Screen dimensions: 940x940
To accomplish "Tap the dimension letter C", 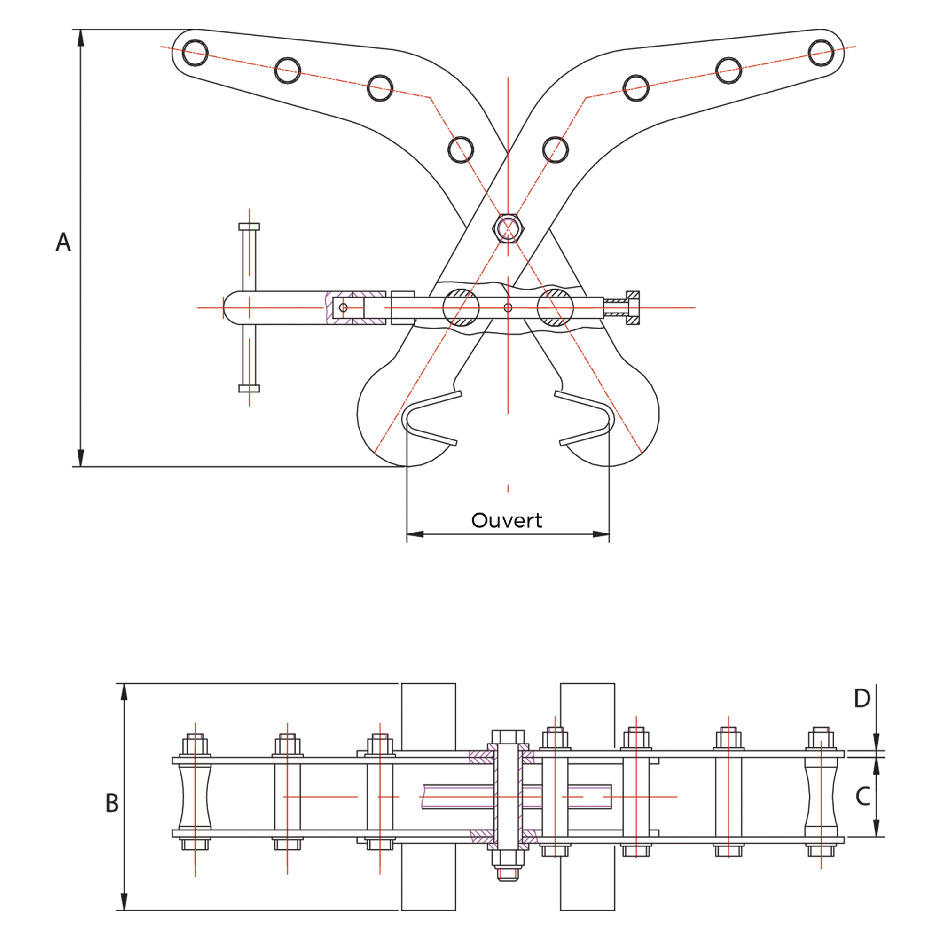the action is pyautogui.click(x=862, y=797).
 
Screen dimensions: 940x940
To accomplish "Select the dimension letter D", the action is pyautogui.click(x=862, y=699).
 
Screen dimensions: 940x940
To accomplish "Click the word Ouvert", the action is pyautogui.click(x=507, y=520).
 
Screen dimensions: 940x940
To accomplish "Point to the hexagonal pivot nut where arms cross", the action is pyautogui.click(x=508, y=227).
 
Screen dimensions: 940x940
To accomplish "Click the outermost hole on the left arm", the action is pyautogui.click(x=195, y=53).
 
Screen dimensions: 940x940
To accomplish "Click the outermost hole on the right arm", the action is pyautogui.click(x=821, y=53).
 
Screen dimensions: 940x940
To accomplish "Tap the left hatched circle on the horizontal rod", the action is pyautogui.click(x=461, y=307).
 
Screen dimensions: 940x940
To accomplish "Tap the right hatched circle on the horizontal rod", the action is pyautogui.click(x=556, y=307).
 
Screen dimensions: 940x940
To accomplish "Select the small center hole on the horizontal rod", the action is pyautogui.click(x=508, y=307).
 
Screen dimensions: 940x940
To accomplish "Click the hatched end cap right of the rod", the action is pyautogui.click(x=633, y=307).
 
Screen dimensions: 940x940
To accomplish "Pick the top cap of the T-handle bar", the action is pyautogui.click(x=249, y=227).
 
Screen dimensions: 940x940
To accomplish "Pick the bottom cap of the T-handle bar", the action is pyautogui.click(x=249, y=388).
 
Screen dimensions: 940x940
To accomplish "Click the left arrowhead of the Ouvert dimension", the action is pyautogui.click(x=415, y=534).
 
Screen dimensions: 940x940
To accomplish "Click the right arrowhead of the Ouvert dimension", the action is pyautogui.click(x=601, y=534).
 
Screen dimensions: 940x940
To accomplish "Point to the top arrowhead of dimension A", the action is pyautogui.click(x=81, y=38).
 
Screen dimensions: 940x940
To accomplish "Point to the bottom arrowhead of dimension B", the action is pyautogui.click(x=125, y=901).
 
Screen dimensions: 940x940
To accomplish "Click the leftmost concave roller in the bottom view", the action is pyautogui.click(x=195, y=797).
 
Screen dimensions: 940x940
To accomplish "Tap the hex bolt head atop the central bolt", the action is pyautogui.click(x=508, y=736).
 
